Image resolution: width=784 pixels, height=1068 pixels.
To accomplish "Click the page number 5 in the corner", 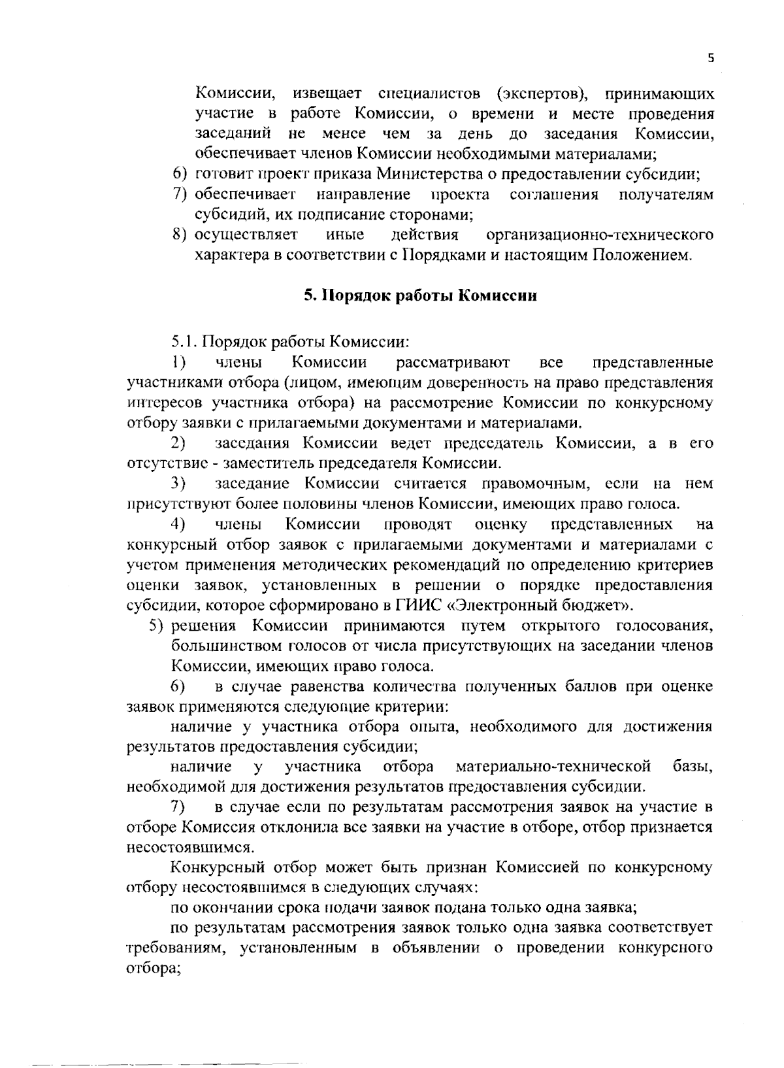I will point(711,58).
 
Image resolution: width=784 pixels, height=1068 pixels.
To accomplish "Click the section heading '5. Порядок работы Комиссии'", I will point(420,295).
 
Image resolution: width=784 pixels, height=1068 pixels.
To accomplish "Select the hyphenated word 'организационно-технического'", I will point(600,235).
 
